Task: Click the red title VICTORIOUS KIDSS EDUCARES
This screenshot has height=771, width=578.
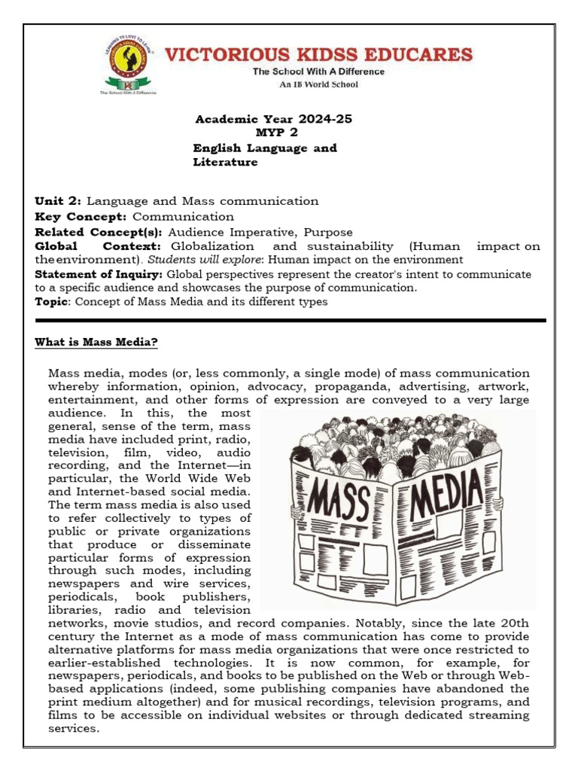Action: pyautogui.click(x=319, y=54)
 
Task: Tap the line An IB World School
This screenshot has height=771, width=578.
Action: pyautogui.click(x=319, y=84)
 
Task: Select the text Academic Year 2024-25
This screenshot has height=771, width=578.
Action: pyautogui.click(x=273, y=119)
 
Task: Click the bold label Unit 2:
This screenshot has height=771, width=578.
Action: pyautogui.click(x=59, y=201)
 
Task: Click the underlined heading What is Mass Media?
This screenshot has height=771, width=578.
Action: pyautogui.click(x=96, y=343)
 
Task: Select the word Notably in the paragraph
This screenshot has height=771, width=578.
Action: pyautogui.click(x=373, y=623)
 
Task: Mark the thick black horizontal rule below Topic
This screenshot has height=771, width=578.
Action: pyautogui.click(x=290, y=321)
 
